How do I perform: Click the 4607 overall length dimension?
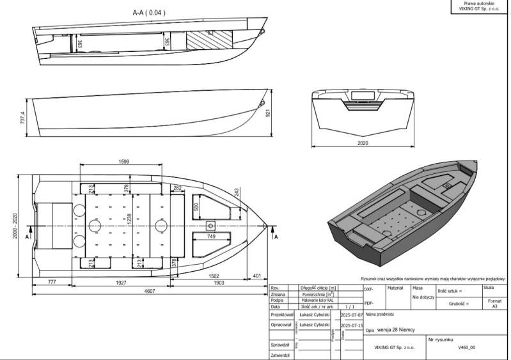tap(150, 292)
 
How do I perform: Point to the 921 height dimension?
tap(269, 113)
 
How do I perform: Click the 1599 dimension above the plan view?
tap(124, 162)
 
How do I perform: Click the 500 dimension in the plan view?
tap(196, 208)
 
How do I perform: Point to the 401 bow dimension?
tap(256, 276)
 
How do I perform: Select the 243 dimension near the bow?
tap(237, 192)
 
